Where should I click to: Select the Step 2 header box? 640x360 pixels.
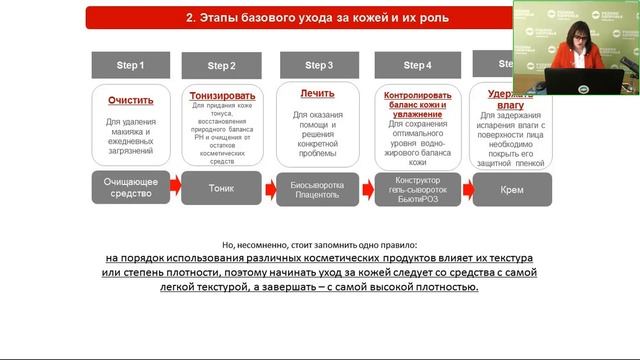point(221,66)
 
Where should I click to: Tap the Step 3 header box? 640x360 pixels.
point(318,65)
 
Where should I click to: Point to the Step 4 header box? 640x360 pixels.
point(416,65)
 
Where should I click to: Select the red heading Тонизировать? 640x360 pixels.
point(222,95)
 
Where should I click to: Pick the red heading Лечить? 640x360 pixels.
point(318,93)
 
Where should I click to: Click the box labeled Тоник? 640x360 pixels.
point(221,187)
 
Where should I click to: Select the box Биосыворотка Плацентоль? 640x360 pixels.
point(318,187)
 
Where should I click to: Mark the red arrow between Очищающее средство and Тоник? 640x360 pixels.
point(174,187)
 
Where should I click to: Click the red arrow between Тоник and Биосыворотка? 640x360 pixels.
point(269,187)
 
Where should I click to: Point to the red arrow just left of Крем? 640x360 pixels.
point(465,187)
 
